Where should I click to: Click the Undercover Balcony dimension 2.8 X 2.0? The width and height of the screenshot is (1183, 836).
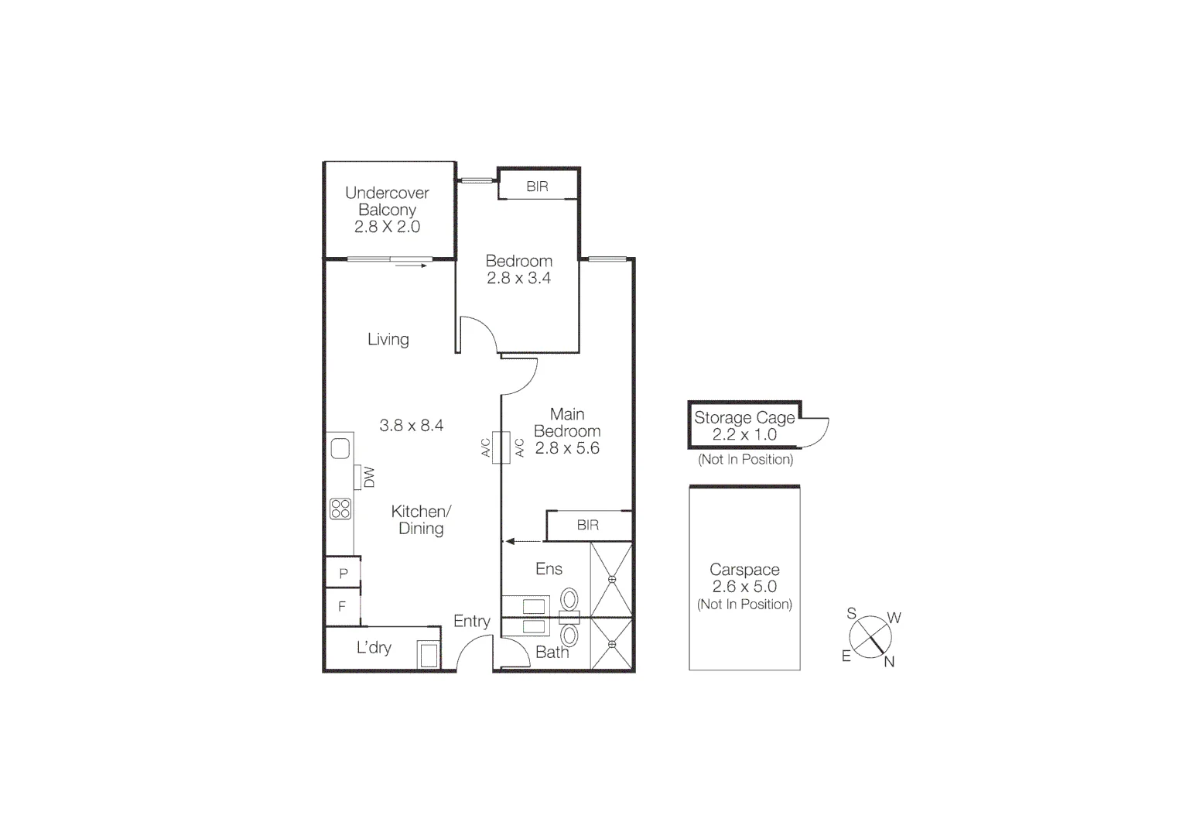387,227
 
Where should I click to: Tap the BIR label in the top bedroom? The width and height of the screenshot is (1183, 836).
537,187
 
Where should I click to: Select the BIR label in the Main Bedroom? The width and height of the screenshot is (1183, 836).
587,525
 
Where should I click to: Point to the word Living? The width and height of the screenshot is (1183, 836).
388,339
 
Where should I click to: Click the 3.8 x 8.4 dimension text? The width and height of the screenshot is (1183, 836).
411,425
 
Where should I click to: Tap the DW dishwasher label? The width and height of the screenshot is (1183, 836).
368,477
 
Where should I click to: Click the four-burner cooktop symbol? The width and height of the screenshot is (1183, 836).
340,509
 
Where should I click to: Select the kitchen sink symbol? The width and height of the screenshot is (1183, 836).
340,448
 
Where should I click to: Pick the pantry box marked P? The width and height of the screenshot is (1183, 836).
343,574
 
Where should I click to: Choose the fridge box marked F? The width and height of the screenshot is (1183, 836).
342,607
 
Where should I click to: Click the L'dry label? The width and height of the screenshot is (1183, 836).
374,648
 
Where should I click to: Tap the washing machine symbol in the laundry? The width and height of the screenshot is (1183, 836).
428,654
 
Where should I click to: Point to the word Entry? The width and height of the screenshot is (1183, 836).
471,621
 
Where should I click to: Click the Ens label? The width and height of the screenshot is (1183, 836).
549,569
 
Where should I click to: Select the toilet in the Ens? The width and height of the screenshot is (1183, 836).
569,600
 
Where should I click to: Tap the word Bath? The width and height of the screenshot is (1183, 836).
552,653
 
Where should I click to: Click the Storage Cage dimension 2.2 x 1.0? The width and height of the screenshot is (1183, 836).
744,434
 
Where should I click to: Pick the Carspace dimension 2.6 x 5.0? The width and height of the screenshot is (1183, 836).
744,587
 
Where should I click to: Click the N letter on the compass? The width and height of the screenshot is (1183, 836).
889,662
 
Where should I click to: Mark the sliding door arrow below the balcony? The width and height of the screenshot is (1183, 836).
410,266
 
